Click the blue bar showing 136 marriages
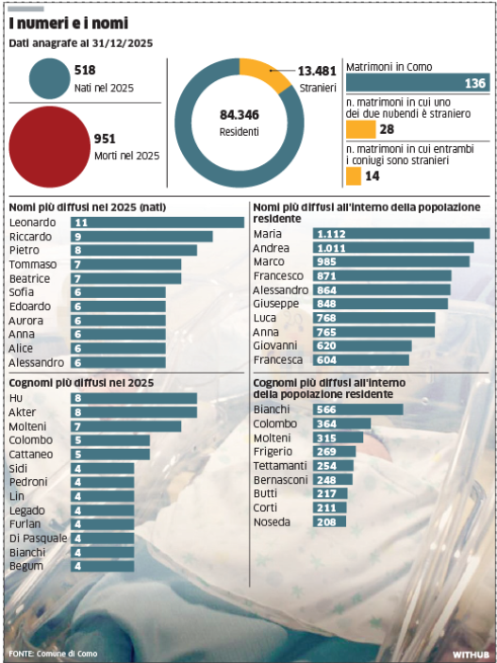coord(417,84)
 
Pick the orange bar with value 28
coord(359,129)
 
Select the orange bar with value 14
coord(353,175)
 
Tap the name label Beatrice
coord(29,278)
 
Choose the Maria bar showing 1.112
coord(371,233)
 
